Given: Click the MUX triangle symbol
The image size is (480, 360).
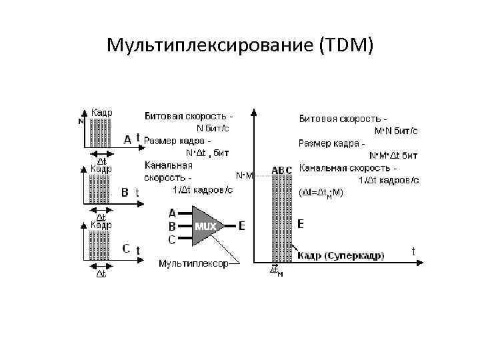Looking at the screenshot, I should (205, 226).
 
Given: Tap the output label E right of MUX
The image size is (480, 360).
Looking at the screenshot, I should (241, 226).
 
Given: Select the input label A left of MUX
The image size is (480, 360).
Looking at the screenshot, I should (173, 214).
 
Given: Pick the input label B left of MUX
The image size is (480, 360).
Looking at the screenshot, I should (173, 226).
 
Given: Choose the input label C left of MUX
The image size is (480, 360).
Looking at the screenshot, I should (173, 239).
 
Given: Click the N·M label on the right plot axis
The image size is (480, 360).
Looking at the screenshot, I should (245, 175).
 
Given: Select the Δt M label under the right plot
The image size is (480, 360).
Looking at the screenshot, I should (276, 270).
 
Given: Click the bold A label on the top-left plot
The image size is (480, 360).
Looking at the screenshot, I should (127, 139).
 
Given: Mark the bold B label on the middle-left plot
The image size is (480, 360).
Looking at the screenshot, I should (125, 193).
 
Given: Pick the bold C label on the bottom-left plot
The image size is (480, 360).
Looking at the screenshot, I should (126, 248).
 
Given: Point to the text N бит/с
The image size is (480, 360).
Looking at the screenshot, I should (212, 127).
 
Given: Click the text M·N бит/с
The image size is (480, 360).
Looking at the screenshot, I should (397, 131).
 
